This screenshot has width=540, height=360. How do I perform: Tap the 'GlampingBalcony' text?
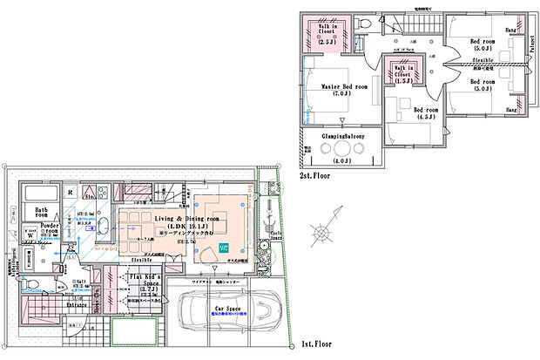[x=330, y=136]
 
